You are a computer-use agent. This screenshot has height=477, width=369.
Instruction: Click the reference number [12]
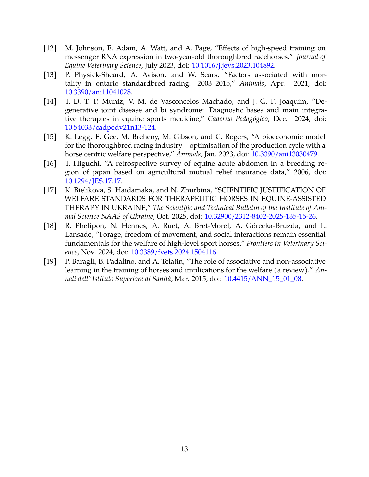(50, 48)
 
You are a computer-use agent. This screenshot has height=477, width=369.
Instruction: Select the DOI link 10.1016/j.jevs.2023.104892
(233, 66)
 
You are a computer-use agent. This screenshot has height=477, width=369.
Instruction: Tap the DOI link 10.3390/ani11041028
(98, 92)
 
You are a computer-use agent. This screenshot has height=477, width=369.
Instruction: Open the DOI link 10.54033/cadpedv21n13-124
(110, 128)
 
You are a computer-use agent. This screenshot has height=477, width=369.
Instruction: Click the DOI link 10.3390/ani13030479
(284, 154)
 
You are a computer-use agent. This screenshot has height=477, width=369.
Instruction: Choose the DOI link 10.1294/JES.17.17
(93, 181)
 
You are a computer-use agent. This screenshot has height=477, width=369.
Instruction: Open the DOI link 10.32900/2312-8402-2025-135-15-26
(260, 216)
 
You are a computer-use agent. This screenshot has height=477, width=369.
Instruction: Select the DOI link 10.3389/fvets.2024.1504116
(173, 252)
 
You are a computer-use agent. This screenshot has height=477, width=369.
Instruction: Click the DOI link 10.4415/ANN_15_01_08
(262, 279)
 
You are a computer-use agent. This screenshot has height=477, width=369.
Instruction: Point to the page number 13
(184, 449)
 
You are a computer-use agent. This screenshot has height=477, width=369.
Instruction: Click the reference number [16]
(50, 164)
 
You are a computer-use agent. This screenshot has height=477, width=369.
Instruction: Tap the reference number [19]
(50, 262)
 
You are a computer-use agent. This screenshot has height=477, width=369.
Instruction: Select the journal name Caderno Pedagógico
(238, 119)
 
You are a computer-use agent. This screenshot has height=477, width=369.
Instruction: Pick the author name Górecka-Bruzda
(272, 226)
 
